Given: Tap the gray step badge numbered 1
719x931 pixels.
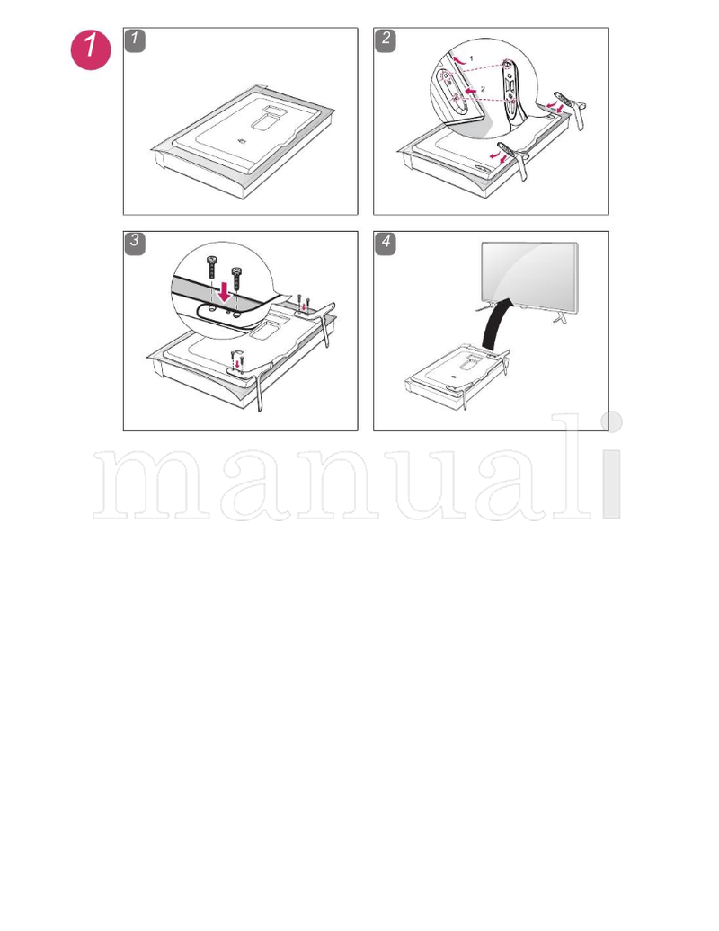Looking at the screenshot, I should [135, 40].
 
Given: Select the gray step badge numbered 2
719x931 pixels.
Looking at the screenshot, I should [386, 40].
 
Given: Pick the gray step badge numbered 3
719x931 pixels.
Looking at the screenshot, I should [135, 243].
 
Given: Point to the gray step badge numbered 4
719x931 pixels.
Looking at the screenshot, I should [386, 243].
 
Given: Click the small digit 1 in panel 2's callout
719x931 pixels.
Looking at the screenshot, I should [470, 58].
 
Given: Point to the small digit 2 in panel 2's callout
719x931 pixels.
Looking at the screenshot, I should [483, 88].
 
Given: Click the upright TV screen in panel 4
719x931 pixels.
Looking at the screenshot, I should [528, 275].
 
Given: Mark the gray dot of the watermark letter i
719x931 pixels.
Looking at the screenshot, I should [611, 422].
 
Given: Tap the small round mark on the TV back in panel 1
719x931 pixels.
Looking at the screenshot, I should [242, 142].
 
